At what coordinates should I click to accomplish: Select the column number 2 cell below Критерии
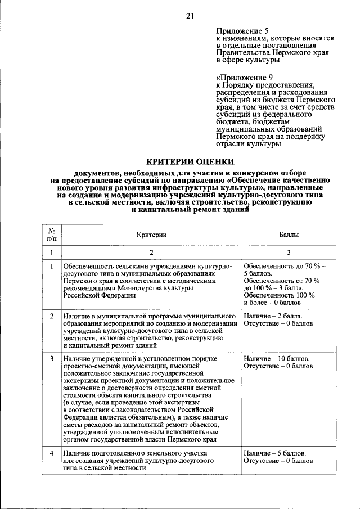pos(151,253)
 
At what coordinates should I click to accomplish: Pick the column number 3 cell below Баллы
pos(289,253)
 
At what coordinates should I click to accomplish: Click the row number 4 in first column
pos(51,453)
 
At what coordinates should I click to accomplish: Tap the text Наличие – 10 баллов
pos(276,358)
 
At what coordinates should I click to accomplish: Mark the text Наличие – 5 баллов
pos(274,453)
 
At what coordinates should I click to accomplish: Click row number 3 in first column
pos(51,358)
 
